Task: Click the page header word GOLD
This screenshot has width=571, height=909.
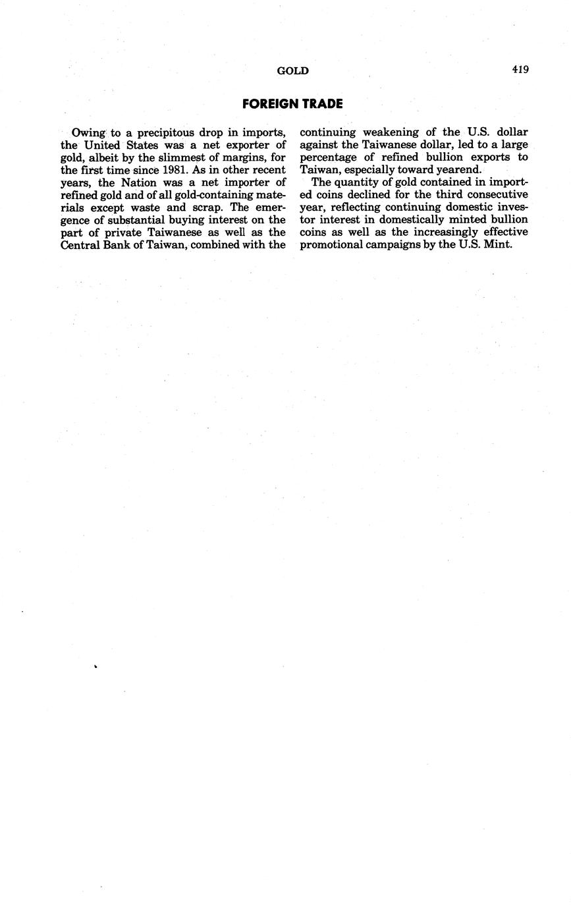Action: (292, 71)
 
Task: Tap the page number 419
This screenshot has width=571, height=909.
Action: (520, 70)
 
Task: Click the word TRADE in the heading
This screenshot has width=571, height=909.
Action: (322, 104)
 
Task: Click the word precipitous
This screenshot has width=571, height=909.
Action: (163, 132)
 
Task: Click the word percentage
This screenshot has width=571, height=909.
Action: (330, 157)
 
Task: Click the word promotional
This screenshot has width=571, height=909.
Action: (331, 245)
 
